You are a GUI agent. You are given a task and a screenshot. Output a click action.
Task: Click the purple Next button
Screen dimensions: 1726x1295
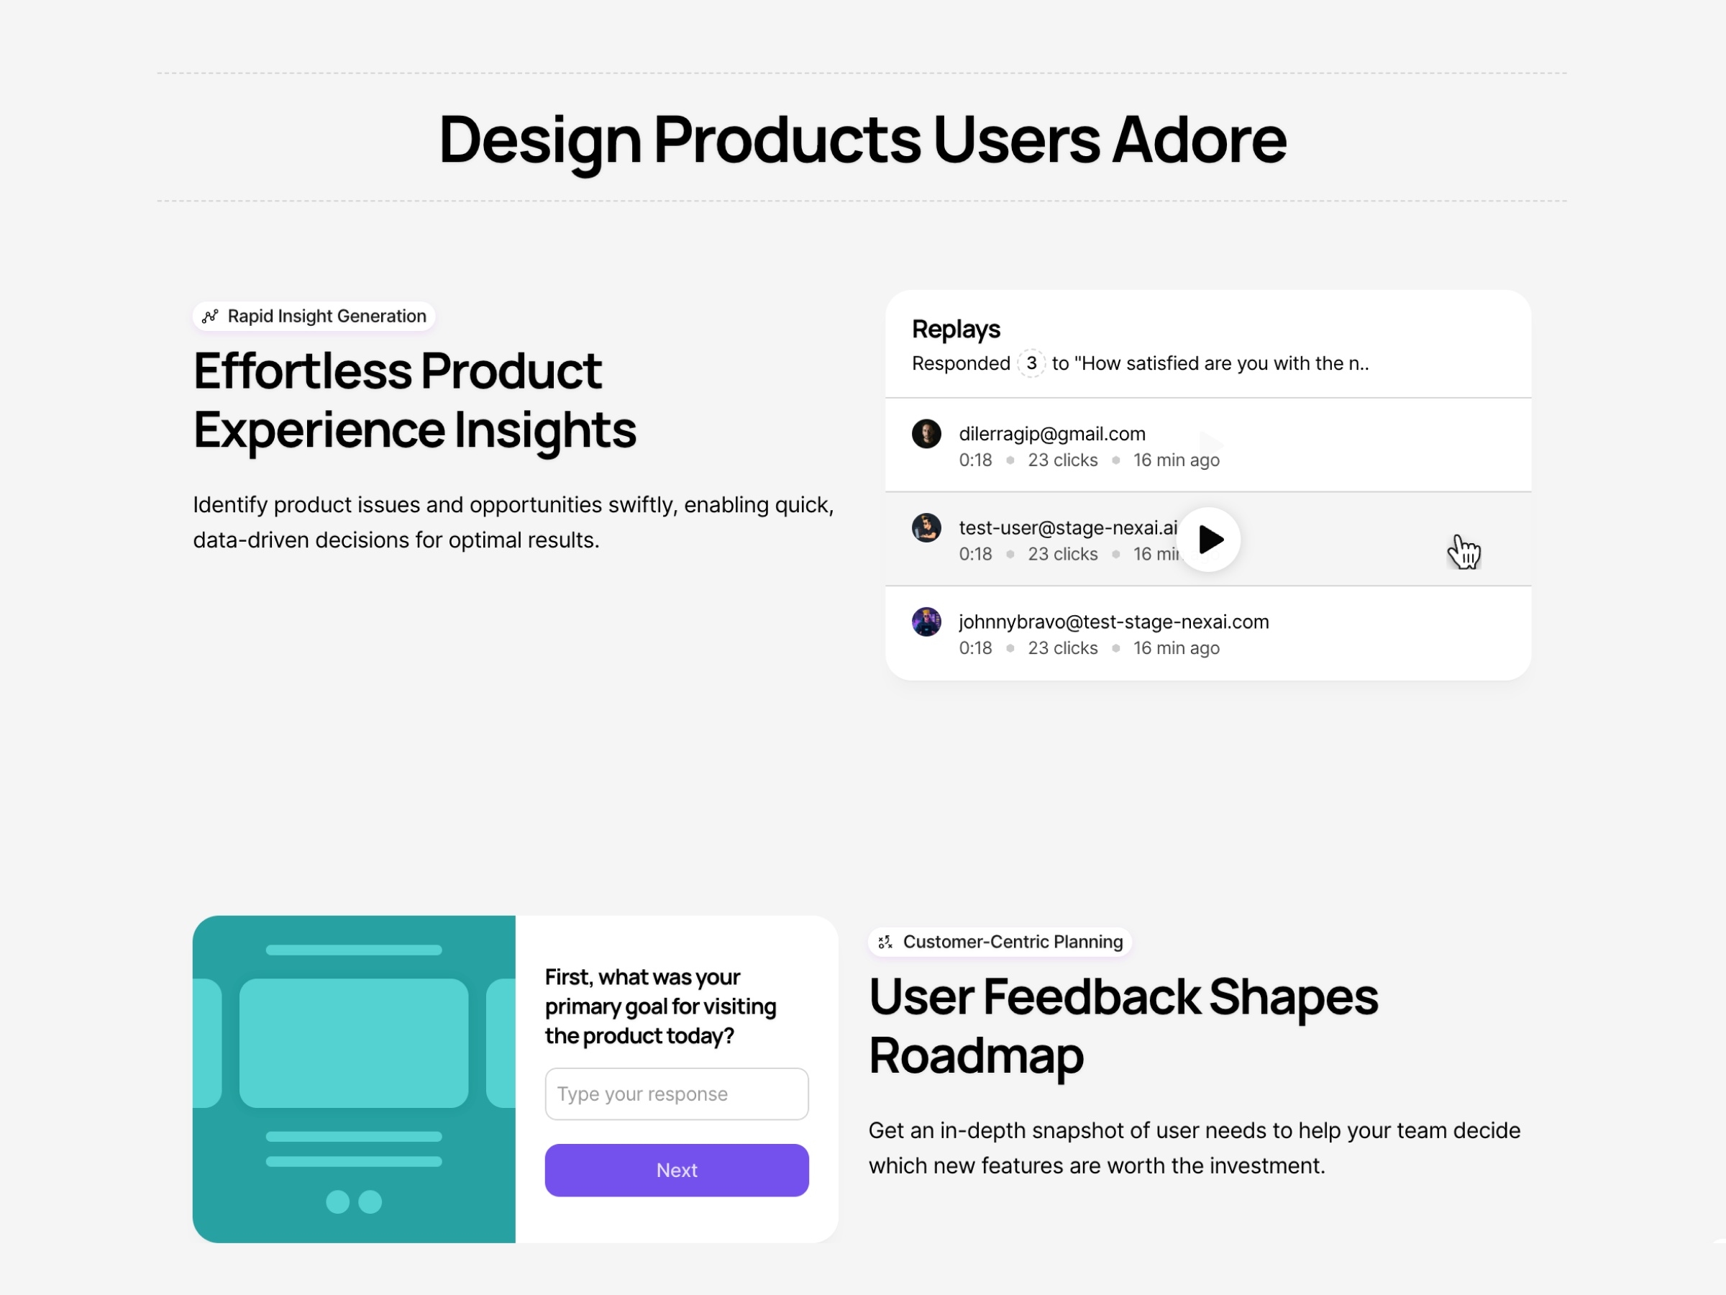(677, 1169)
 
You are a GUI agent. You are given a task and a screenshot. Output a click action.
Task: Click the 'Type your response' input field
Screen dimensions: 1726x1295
(677, 1094)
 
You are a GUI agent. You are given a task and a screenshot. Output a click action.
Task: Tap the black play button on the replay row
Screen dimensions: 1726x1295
(1209, 540)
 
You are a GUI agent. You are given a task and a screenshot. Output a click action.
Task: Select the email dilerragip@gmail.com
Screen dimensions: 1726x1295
(1052, 434)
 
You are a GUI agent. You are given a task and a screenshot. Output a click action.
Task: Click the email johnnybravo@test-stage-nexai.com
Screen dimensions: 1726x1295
(1113, 622)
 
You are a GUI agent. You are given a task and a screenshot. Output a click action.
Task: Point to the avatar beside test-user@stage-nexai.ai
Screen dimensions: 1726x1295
(926, 527)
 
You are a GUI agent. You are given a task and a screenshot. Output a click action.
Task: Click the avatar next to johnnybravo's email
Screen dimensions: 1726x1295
(926, 622)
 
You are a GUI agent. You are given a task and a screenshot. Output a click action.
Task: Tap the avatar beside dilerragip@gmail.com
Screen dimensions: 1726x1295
(926, 434)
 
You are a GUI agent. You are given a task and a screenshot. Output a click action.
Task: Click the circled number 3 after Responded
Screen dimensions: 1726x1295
(1031, 363)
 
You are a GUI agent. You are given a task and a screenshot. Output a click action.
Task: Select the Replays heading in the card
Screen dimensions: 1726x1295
(956, 330)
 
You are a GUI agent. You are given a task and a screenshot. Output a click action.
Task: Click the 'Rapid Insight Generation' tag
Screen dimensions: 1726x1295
(314, 316)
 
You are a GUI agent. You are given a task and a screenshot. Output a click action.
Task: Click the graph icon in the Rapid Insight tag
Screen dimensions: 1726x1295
(210, 316)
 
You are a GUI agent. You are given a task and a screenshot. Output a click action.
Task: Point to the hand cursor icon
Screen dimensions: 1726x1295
(1464, 552)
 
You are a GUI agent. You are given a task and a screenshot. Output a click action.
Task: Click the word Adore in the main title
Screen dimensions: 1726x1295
(1200, 140)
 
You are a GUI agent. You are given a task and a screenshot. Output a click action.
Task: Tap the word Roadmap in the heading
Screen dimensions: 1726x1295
(976, 1055)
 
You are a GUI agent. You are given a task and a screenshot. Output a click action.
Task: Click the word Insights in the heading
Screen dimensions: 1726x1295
(544, 430)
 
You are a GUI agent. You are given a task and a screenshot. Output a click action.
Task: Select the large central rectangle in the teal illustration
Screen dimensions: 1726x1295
(354, 1043)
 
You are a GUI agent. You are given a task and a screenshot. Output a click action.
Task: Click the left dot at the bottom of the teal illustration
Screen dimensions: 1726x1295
(337, 1201)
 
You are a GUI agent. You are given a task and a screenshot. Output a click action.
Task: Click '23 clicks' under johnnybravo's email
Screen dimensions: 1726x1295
(1063, 648)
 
